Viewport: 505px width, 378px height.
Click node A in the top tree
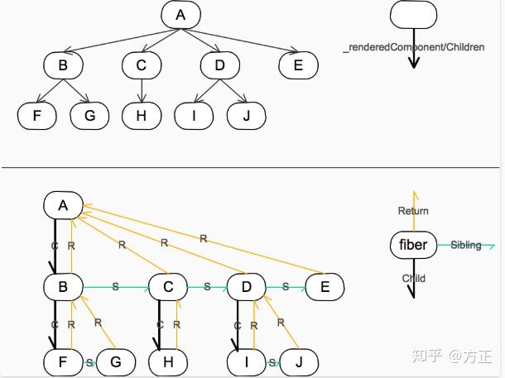point(181,15)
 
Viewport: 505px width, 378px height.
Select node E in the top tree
point(299,65)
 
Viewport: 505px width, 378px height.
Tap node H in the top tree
point(142,116)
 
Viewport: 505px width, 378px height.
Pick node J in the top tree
point(245,116)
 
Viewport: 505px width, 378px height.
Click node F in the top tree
point(37,116)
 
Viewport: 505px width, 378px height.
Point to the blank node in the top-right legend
point(413,15)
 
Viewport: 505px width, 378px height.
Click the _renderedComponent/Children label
point(413,48)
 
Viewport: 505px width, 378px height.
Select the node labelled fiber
point(413,245)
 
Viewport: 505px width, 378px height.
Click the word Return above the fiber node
point(413,211)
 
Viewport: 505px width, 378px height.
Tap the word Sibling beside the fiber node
point(466,246)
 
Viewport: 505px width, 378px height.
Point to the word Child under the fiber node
point(413,278)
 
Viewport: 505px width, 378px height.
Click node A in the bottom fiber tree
point(64,205)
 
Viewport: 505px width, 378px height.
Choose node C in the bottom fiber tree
point(168,287)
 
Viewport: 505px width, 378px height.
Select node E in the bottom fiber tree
point(325,287)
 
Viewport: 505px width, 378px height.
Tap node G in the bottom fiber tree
point(116,361)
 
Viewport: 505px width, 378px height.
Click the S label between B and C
point(115,287)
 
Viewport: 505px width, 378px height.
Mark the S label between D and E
point(286,287)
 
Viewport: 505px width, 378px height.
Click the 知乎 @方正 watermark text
point(453,356)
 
